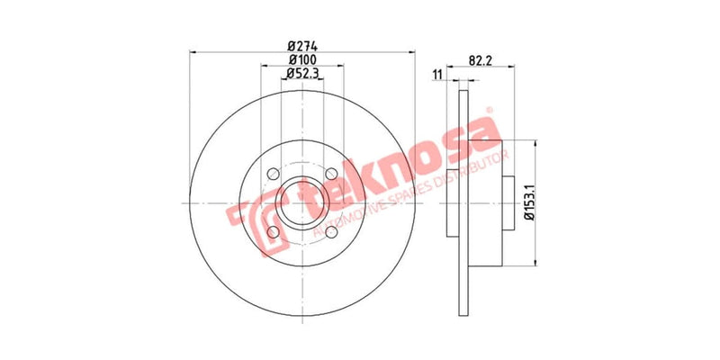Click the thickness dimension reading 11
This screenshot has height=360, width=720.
(437, 75)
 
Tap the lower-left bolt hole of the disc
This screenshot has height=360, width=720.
(274, 233)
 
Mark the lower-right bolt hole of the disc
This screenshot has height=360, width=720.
(333, 233)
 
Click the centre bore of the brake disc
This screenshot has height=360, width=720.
(303, 203)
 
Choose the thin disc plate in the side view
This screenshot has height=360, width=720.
(463, 203)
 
